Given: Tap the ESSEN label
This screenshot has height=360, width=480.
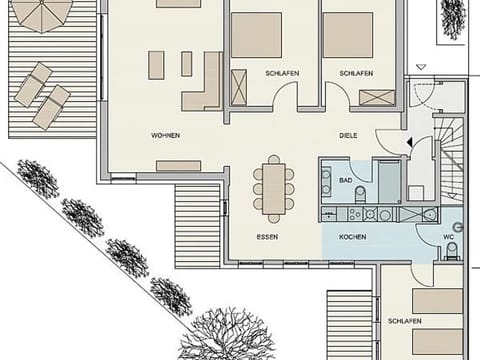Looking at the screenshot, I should click(267, 237).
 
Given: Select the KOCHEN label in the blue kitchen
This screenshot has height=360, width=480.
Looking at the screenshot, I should click(352, 237).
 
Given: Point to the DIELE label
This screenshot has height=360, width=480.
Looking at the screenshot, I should click(348, 134).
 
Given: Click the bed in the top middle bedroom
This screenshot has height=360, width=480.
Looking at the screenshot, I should click(257, 35).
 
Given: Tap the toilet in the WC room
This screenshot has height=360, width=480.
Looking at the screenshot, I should click(452, 249).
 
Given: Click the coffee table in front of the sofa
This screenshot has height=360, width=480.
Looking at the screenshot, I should click(158, 65).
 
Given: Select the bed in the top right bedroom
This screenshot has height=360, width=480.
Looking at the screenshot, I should click(347, 35).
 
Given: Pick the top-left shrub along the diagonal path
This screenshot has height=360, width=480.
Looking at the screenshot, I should click(37, 179).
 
